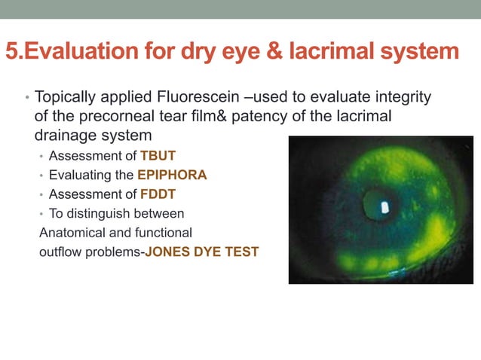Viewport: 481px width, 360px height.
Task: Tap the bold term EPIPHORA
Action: [172, 175]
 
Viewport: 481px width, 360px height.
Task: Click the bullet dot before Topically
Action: [26, 99]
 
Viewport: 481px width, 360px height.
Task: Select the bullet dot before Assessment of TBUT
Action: [41, 157]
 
